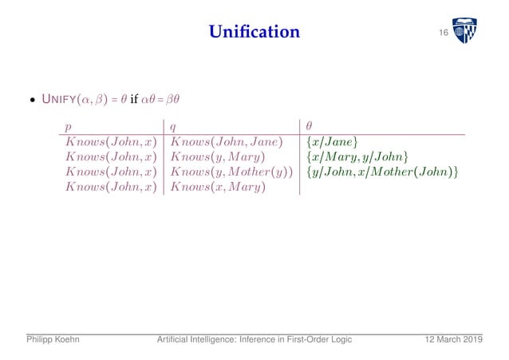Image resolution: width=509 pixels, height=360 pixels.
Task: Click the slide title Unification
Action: (254, 32)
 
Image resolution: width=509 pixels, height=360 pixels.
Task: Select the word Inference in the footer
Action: (254, 339)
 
